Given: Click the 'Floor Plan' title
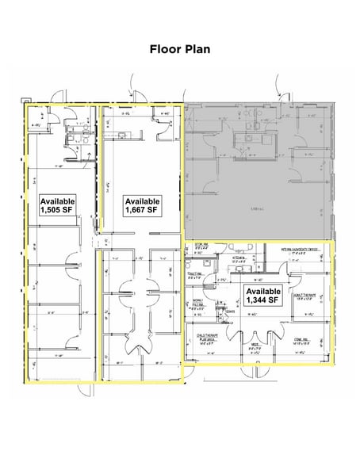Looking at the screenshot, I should (x=179, y=49).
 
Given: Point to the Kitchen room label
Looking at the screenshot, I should (x=237, y=259).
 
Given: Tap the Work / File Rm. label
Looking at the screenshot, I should (x=198, y=303).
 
